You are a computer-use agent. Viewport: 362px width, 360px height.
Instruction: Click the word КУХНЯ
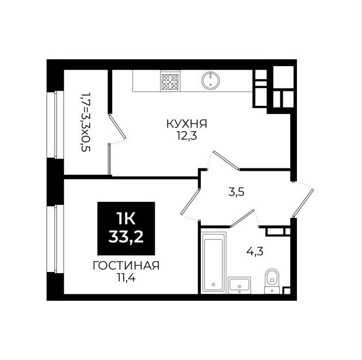point(186,124)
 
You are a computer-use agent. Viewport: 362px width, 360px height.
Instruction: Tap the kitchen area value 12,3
point(186,136)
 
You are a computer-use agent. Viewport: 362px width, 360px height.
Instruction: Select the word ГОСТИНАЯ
point(126,266)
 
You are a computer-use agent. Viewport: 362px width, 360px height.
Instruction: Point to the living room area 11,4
point(126,278)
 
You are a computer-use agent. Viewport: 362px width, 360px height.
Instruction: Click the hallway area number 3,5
point(236,192)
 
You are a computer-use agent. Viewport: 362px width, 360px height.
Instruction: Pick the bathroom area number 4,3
point(255,251)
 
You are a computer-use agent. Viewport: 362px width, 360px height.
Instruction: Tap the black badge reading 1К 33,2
point(126,228)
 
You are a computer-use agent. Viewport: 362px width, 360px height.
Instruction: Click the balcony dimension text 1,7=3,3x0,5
point(85,122)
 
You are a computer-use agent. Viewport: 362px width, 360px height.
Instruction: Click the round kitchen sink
point(210,81)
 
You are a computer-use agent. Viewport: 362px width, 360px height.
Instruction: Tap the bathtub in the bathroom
point(214,263)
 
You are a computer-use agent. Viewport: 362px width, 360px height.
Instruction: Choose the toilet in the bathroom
point(272,281)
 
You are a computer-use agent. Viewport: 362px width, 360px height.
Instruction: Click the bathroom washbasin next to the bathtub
point(239,285)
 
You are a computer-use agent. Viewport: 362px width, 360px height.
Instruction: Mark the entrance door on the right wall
point(303,203)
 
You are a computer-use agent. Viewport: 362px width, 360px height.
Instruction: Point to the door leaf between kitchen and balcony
point(117,127)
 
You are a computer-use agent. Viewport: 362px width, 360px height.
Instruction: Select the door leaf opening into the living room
point(190,201)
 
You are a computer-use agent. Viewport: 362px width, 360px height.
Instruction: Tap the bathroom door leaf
point(243,218)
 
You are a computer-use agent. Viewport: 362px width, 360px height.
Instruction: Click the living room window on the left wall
point(55,239)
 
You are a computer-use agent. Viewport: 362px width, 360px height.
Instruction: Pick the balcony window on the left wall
point(55,125)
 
